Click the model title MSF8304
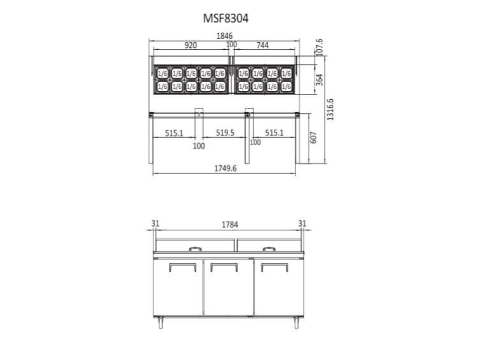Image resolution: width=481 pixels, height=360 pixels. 226,18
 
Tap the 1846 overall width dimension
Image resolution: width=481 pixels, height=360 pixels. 224,36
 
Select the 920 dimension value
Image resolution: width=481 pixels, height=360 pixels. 191,45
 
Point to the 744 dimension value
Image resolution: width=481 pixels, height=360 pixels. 262,45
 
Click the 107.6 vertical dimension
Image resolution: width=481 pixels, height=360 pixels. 320,47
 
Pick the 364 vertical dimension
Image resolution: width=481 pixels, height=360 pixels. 320,80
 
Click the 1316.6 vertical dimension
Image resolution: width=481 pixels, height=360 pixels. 330,109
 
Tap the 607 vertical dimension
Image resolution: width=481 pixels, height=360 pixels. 313,138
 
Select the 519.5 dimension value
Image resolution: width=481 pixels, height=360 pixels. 225,133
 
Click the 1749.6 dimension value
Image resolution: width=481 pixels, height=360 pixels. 225,169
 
